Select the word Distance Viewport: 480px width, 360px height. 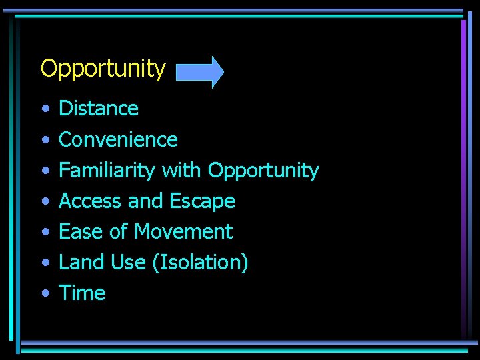(99, 108)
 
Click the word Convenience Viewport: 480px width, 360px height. (118, 139)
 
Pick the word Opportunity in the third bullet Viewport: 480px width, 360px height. (263, 171)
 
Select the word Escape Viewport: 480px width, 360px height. (203, 201)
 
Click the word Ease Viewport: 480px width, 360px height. (79, 232)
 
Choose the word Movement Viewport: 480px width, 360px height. (183, 232)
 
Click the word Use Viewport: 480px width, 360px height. (127, 263)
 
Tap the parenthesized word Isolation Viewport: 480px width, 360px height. (200, 263)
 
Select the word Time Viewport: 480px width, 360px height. (82, 293)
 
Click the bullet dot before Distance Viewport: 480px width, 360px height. (44, 109)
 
